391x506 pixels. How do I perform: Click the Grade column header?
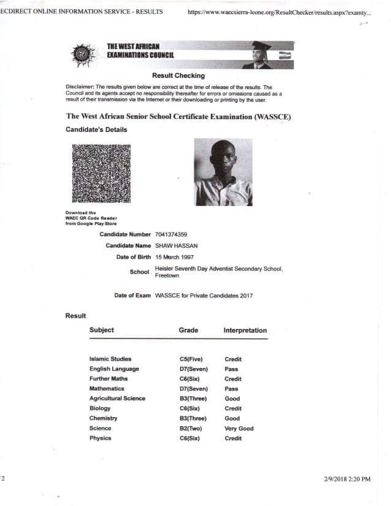[188, 330]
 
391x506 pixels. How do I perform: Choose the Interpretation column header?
[245, 330]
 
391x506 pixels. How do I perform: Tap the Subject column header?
[102, 330]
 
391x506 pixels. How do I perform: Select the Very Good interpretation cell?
[239, 428]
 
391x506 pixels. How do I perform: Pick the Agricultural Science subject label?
[117, 399]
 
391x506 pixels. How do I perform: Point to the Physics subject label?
[101, 438]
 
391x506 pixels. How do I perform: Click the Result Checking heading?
[178, 76]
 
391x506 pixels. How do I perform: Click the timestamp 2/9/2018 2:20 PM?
[347, 478]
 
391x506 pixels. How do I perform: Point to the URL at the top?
[279, 12]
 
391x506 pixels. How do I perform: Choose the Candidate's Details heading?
[96, 129]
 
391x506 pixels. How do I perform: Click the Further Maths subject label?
[108, 378]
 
